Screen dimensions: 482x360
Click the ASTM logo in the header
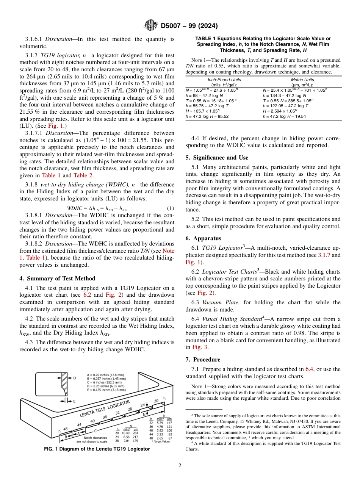pos(150,26)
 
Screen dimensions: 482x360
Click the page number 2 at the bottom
pos(180,466)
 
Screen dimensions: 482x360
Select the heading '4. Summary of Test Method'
pos(57,279)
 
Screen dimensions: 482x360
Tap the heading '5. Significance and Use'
pos(217,158)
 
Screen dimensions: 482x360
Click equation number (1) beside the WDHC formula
pos(170,208)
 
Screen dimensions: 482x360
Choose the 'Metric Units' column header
pos(302,80)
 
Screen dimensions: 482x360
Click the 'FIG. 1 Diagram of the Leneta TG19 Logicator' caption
pos(97,449)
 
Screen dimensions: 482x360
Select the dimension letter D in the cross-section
pos(74,378)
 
